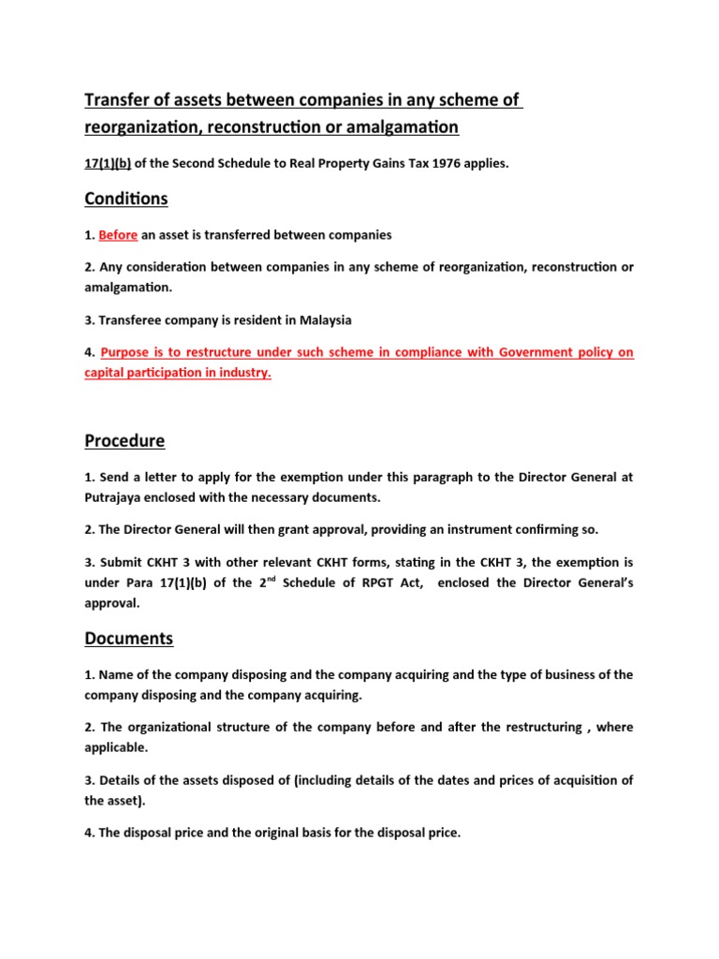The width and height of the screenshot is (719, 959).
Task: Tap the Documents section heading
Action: click(129, 639)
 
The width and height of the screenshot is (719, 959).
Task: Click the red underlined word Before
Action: click(118, 234)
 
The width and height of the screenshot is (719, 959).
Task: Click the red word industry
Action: click(242, 372)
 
